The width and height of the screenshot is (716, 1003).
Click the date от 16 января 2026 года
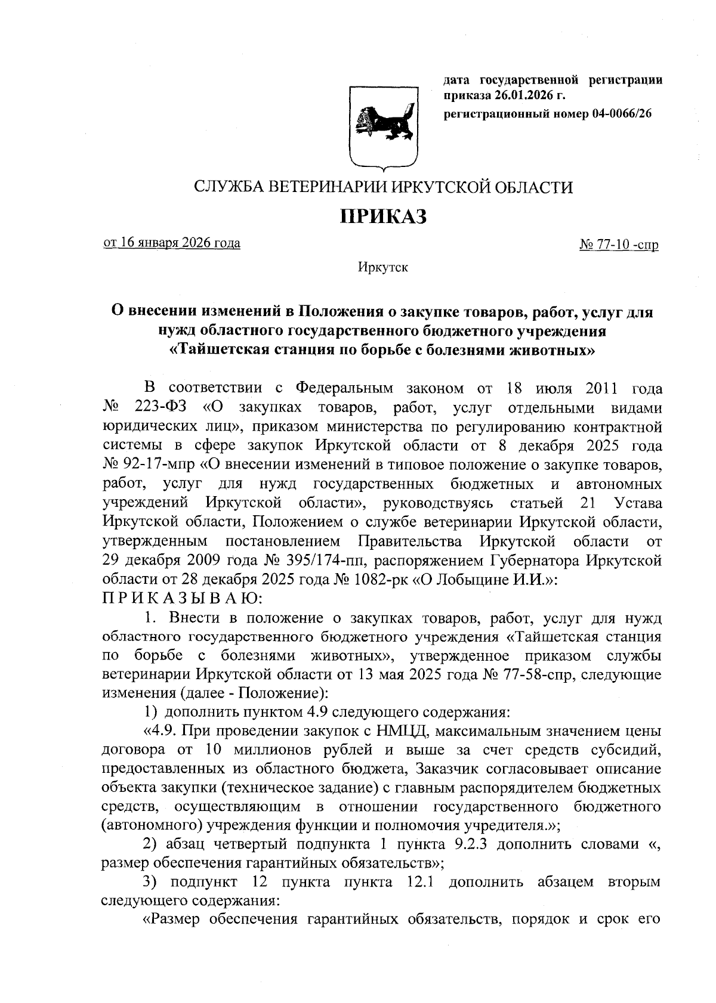[172, 243]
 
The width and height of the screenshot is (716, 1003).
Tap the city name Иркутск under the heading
[382, 267]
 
